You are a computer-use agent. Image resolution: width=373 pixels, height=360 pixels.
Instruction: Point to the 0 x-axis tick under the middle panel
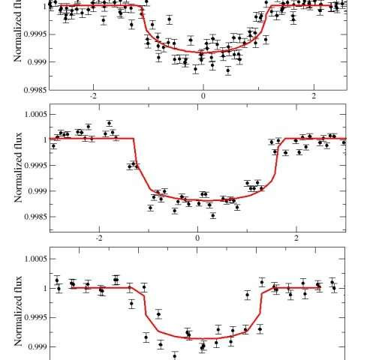(x=197, y=238)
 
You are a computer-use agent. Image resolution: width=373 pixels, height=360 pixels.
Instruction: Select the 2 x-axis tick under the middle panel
(x=296, y=238)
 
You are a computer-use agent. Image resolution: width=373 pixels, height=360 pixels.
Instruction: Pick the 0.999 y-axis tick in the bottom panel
(x=35, y=346)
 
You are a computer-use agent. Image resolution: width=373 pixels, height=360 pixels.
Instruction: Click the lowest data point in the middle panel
(x=213, y=215)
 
